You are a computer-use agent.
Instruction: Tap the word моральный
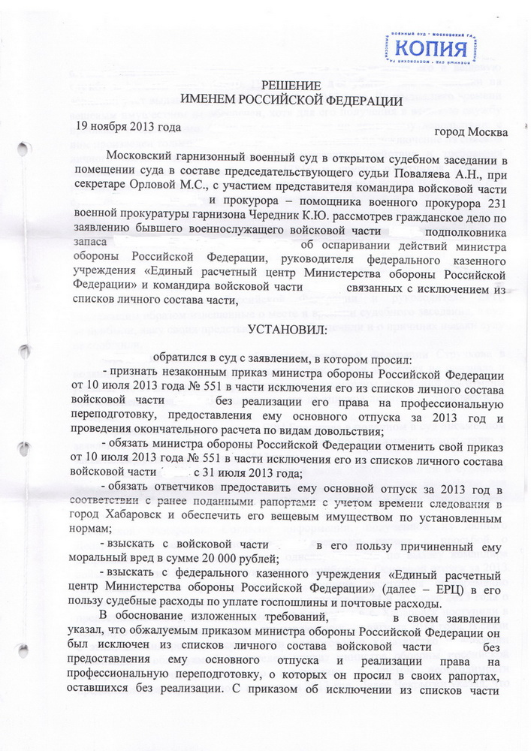point(107,559)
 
